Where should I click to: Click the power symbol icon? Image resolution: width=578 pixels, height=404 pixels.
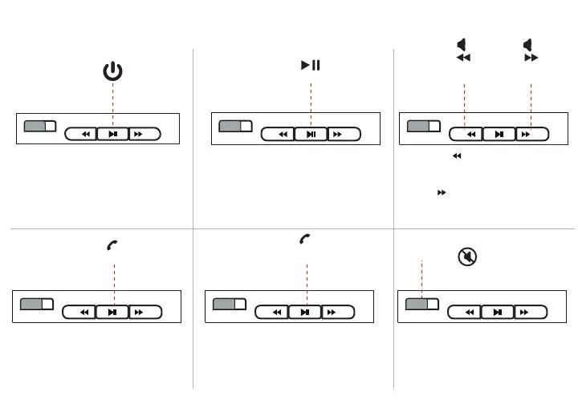(x=113, y=72)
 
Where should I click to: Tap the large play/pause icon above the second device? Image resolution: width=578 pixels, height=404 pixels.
(x=311, y=65)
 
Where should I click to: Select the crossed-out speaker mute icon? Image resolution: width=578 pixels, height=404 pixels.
(x=465, y=257)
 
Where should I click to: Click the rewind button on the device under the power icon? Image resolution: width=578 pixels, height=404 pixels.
(x=81, y=134)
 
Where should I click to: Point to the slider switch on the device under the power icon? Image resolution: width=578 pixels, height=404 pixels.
(x=39, y=127)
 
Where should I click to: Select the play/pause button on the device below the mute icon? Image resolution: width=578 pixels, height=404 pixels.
(x=499, y=312)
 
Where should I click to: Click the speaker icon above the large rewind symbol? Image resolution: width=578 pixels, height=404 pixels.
(x=462, y=43)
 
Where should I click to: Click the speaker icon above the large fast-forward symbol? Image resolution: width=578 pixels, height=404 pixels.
(x=527, y=43)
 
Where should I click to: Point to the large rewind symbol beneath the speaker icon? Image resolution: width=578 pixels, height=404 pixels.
(x=462, y=59)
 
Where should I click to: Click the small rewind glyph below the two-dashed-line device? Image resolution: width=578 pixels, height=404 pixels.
(x=457, y=157)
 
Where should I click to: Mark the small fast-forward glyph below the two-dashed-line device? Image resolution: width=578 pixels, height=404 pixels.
(x=442, y=193)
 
